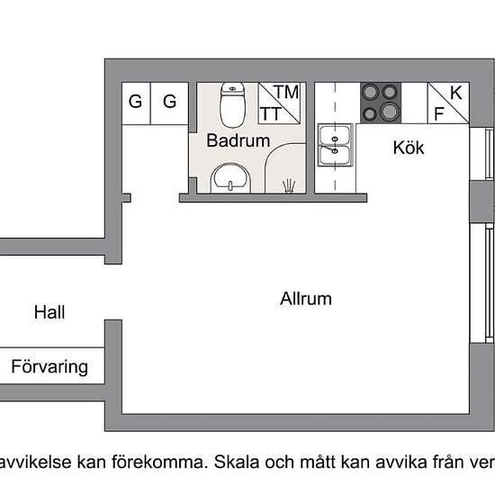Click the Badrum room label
click(x=238, y=140)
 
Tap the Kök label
click(x=409, y=148)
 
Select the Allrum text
click(x=306, y=298)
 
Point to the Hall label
click(x=49, y=312)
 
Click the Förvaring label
click(x=49, y=367)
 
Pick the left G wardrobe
click(x=136, y=103)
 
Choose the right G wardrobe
click(x=169, y=103)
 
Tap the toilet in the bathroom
click(x=233, y=104)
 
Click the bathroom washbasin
click(x=230, y=178)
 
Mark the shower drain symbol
click(x=289, y=186)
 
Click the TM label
click(x=286, y=92)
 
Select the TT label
click(x=270, y=113)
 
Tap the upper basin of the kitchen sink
click(x=335, y=135)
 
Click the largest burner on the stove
click(x=390, y=112)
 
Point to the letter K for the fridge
click(x=456, y=93)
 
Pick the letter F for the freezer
click(x=439, y=113)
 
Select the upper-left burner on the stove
click(x=371, y=93)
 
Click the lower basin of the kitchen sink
click(x=335, y=156)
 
